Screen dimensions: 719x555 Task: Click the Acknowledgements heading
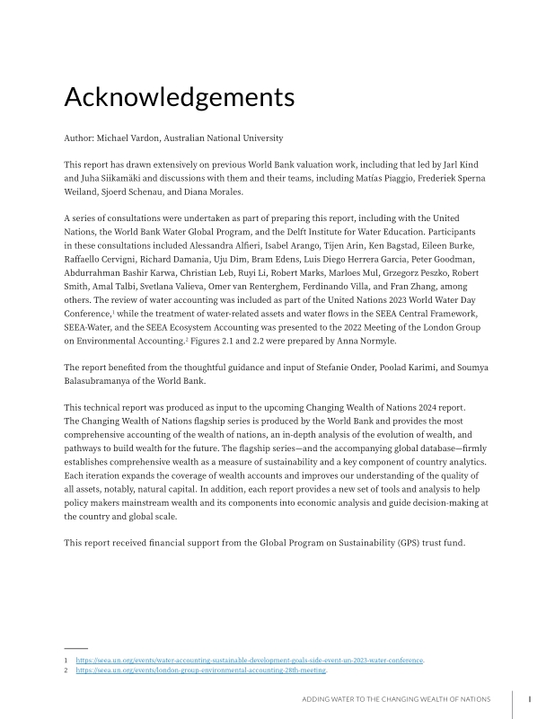click(179, 96)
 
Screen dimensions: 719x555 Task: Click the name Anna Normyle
click(366, 341)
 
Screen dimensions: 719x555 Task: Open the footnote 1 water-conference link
click(250, 661)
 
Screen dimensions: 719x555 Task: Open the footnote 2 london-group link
click(200, 670)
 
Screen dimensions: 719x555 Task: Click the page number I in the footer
click(530, 698)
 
